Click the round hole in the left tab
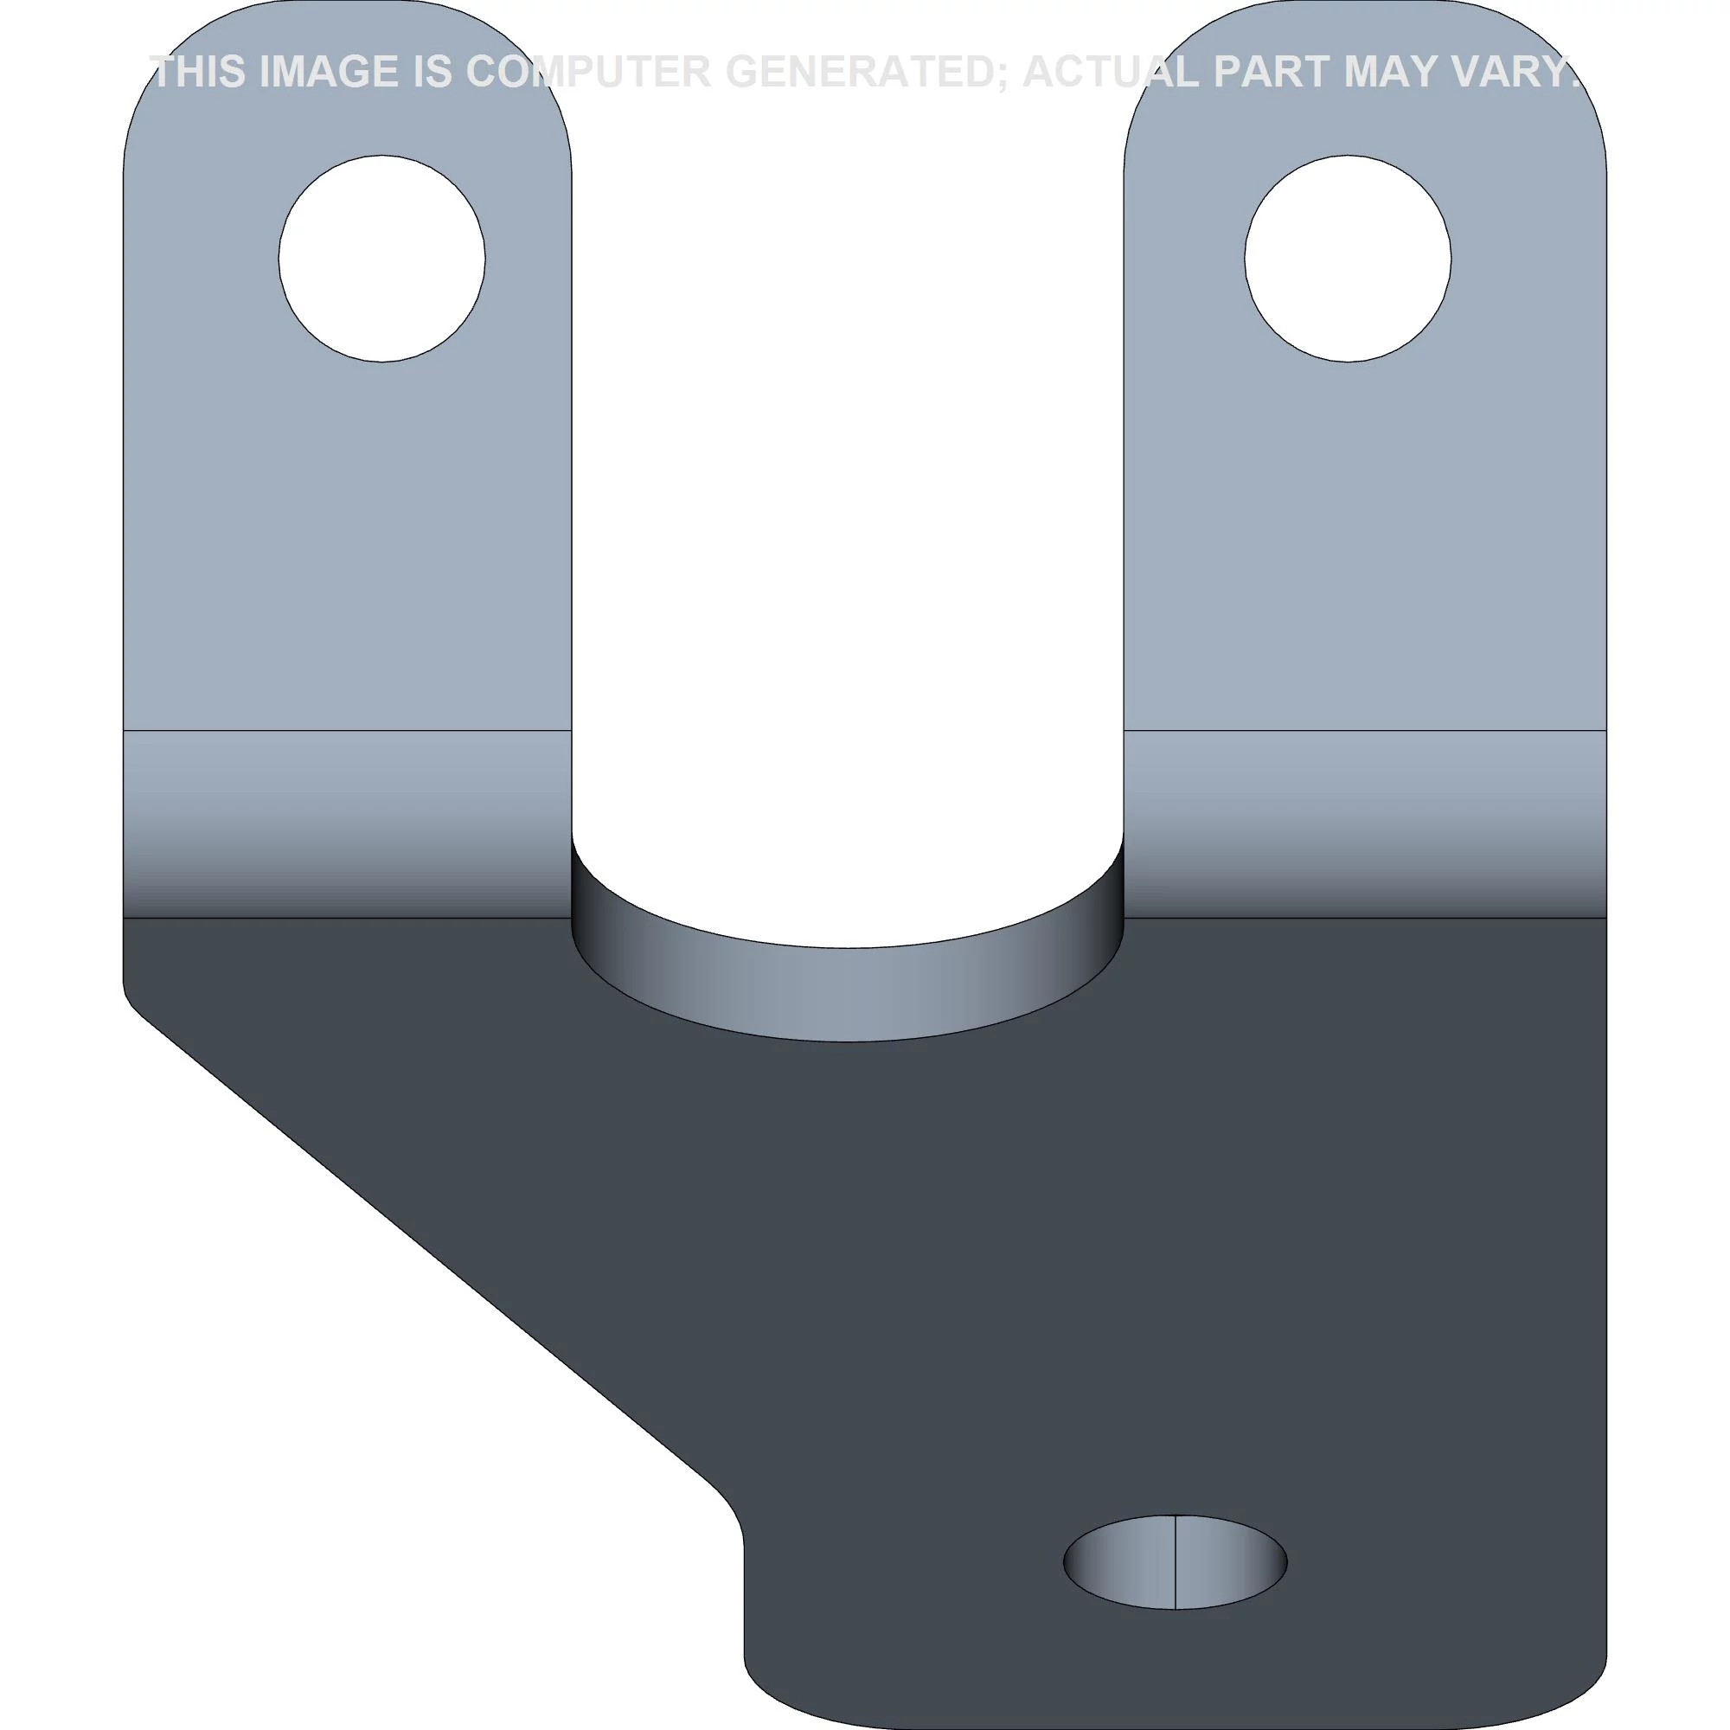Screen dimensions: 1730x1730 tap(381, 259)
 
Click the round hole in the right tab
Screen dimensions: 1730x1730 tap(1347, 259)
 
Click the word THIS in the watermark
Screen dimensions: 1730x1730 tap(199, 72)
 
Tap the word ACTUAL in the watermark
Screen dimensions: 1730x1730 tap(1111, 72)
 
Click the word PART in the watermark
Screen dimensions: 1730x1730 tap(1272, 72)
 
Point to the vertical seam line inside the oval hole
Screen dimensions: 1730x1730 tap(1174, 1561)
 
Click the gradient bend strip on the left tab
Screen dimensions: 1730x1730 tap(347, 823)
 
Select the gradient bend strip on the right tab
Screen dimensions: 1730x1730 tap(1364, 823)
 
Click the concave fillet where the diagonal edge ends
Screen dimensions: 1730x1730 tap(730, 1513)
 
